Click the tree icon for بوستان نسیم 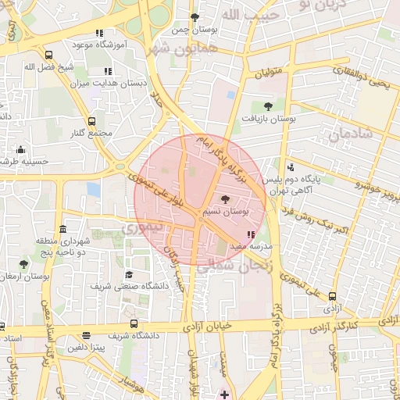226,199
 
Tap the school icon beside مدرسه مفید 250,234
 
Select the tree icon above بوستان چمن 195,17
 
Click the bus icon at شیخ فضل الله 49,55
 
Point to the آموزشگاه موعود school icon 98,33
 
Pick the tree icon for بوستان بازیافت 268,105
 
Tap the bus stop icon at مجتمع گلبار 92,121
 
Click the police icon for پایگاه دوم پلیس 291,166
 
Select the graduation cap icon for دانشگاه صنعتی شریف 129,274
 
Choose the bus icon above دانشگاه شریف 134,323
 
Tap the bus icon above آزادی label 333,296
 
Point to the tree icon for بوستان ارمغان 23,265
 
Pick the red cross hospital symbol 225,394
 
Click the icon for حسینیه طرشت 21,149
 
